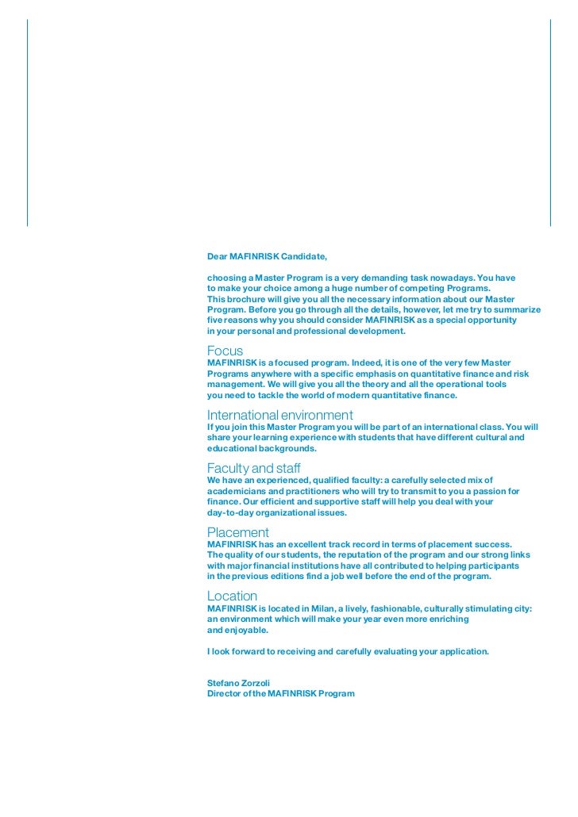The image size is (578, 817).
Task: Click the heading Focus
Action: pos(225,351)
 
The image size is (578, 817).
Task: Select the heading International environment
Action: pos(279,415)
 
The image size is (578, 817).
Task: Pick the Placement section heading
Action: pos(237,532)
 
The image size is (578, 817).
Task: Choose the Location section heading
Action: pos(232,596)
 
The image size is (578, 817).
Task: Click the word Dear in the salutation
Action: pos(217,257)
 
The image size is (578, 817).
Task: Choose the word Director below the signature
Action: pos(225,693)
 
